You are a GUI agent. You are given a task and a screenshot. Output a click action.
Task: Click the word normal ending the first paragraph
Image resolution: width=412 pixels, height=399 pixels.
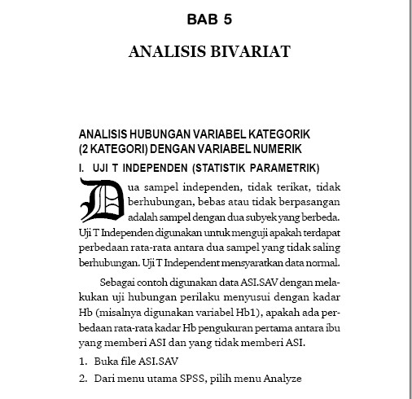pyautogui.click(x=322, y=264)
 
